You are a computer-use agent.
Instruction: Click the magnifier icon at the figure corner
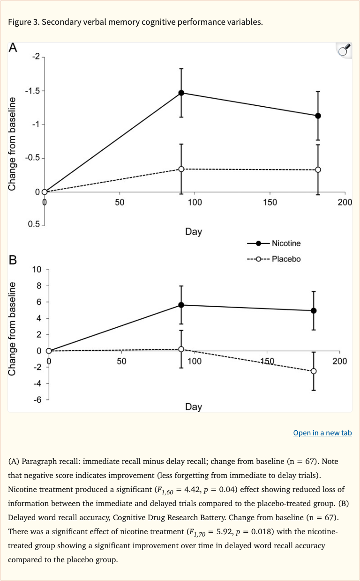point(344,51)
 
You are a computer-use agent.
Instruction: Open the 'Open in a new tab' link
point(322,433)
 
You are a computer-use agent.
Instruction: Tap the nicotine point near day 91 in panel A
point(181,93)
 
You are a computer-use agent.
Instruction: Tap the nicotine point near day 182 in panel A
point(318,116)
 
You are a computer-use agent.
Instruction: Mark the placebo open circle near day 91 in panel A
point(181,169)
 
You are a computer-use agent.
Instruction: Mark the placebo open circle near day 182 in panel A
point(318,169)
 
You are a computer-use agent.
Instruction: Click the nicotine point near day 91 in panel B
point(181,305)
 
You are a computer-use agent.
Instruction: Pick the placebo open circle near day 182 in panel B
point(314,371)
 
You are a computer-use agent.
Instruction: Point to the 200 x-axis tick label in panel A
point(345,202)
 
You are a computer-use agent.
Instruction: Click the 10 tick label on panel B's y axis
point(37,269)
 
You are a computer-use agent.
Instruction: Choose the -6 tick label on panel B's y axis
point(37,400)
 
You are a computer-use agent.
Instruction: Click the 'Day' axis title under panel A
point(193,232)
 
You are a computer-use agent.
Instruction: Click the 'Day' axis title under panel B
point(193,407)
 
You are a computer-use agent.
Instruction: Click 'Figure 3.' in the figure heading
point(23,22)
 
